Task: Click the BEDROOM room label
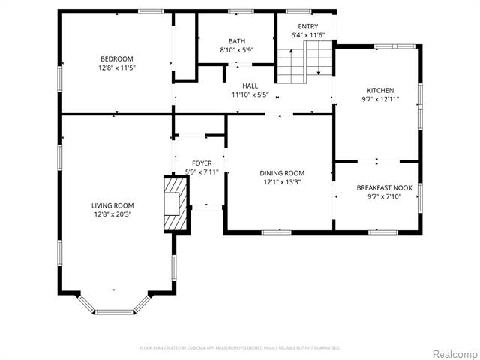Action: click(116, 59)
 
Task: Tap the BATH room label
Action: click(237, 41)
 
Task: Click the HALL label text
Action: click(250, 86)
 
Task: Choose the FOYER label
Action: click(202, 163)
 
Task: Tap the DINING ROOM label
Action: click(282, 173)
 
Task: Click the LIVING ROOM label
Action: click(112, 205)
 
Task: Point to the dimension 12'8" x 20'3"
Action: click(112, 214)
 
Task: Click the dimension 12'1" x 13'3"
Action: click(282, 182)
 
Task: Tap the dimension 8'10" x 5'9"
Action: click(237, 50)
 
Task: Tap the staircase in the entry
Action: click(304, 61)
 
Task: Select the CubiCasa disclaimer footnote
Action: click(240, 347)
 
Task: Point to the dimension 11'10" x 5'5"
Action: click(250, 95)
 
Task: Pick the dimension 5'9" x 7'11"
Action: click(202, 172)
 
